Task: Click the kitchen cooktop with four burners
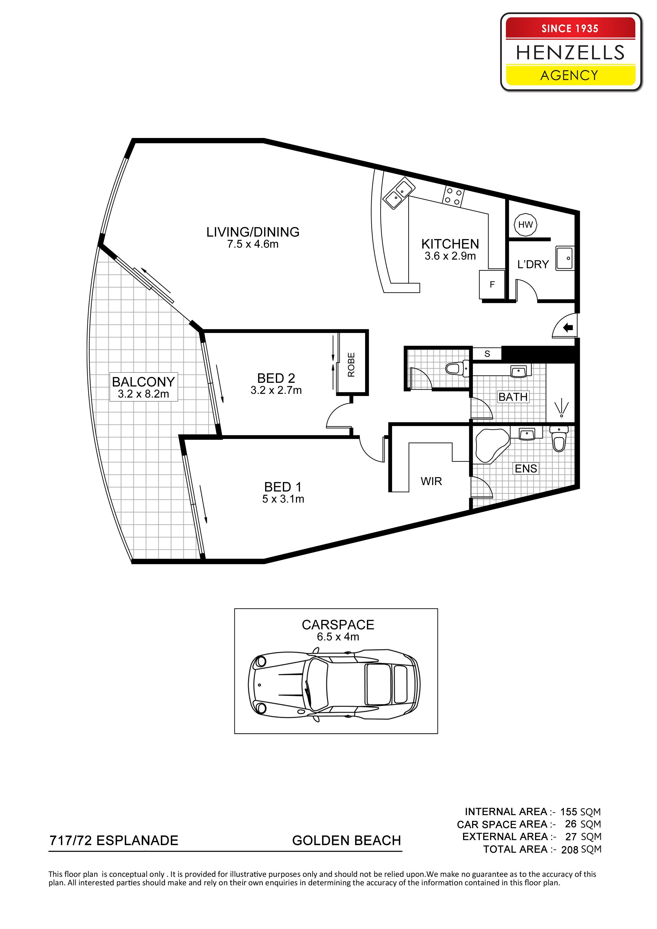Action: point(453,196)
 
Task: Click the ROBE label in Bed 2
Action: point(351,365)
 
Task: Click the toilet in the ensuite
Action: point(559,439)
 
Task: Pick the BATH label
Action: point(513,397)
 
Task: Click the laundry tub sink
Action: point(565,258)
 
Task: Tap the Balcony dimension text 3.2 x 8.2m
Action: point(143,394)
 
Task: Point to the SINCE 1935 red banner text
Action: point(570,28)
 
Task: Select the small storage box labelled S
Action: point(487,353)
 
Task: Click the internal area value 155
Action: point(569,812)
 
